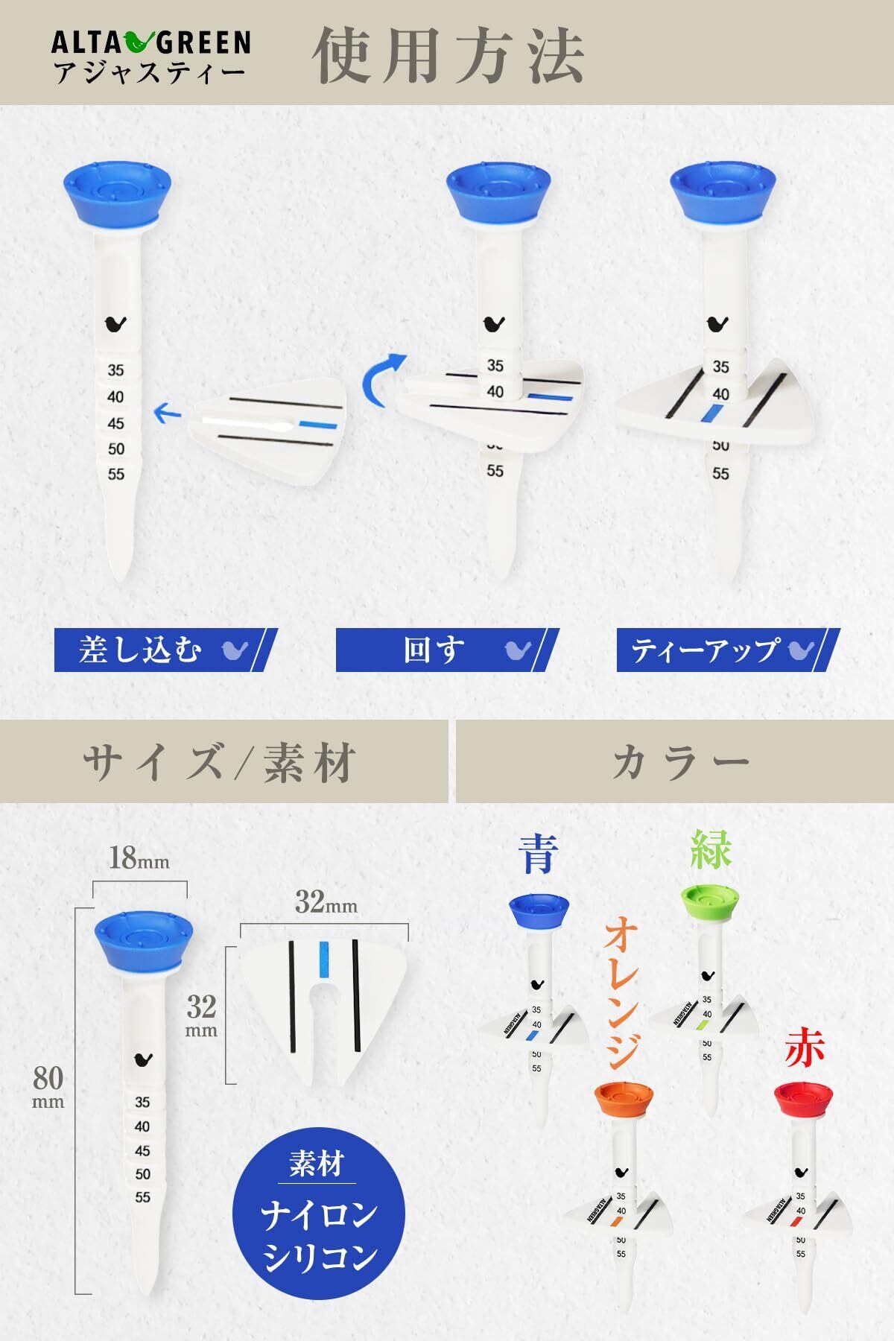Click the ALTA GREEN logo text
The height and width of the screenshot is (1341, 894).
(x=150, y=43)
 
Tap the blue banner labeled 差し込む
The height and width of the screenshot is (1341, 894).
(x=165, y=650)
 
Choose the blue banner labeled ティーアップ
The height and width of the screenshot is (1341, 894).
(x=728, y=650)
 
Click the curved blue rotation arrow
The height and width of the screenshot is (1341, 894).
(x=382, y=380)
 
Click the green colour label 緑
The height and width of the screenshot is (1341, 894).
(x=711, y=849)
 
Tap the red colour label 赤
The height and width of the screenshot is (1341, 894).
(x=805, y=1049)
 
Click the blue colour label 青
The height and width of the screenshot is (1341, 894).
(x=537, y=853)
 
